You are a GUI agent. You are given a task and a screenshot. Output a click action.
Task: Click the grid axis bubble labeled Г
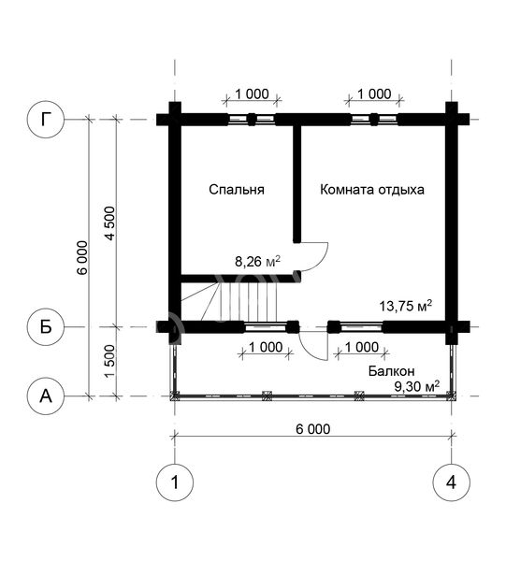46,119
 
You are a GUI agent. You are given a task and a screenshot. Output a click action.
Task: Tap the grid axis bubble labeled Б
46,326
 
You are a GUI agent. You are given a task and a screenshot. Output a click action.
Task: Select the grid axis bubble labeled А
46,396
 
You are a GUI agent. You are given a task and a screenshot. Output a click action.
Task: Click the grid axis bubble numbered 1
175,482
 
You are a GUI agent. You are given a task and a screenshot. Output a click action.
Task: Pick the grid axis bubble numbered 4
451,482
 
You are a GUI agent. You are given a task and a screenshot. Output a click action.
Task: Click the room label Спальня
237,190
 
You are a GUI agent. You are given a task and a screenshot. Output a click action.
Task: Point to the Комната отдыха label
372,190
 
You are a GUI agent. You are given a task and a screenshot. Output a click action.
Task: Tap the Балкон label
392,371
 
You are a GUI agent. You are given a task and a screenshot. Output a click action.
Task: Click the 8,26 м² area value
257,262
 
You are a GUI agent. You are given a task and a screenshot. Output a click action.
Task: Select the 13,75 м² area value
405,306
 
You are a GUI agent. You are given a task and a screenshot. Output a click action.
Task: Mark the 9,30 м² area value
416,386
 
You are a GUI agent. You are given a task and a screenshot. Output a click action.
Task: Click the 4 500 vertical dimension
110,223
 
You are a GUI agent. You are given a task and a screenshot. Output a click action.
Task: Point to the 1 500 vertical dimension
110,361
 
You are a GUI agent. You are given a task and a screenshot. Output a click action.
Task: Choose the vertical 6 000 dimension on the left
82,258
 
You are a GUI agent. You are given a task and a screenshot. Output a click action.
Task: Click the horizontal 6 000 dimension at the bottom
313,428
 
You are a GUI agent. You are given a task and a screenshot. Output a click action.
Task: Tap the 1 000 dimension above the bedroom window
252,94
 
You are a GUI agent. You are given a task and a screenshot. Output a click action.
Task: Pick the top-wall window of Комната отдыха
374,119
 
